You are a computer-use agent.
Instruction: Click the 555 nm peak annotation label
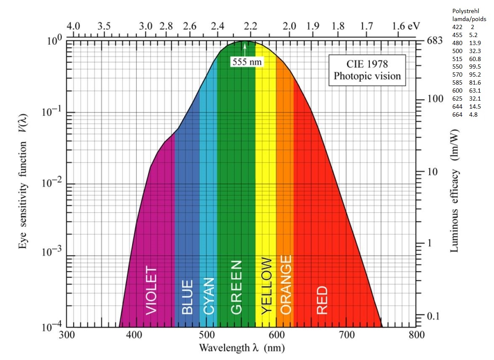click(247, 62)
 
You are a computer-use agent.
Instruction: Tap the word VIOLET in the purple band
click(151, 291)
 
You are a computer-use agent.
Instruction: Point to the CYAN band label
click(209, 296)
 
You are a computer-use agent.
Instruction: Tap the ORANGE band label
click(286, 285)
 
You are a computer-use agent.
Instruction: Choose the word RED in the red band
click(322, 300)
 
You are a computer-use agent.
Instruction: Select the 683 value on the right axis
click(435, 41)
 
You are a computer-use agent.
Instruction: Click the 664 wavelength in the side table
click(457, 115)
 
